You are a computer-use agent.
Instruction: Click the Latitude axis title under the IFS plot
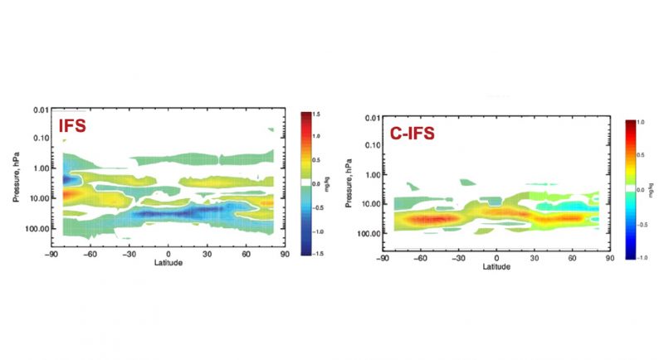click(168, 265)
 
